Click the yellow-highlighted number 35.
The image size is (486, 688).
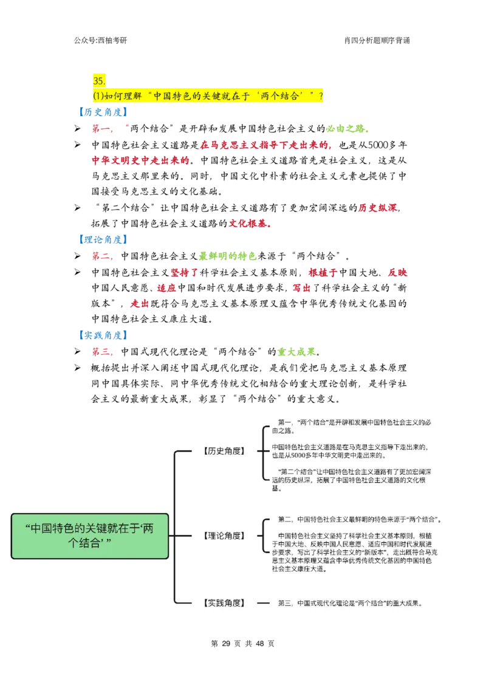99,81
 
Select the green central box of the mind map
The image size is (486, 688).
90,535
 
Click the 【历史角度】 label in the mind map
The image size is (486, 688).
223,451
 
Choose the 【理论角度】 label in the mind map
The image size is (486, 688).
223,536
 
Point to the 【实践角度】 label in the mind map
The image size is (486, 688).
223,603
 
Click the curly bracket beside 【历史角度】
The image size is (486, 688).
264,451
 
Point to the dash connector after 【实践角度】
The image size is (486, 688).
263,603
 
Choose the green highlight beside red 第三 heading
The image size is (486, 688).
296,352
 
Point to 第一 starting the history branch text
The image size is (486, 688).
284,422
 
